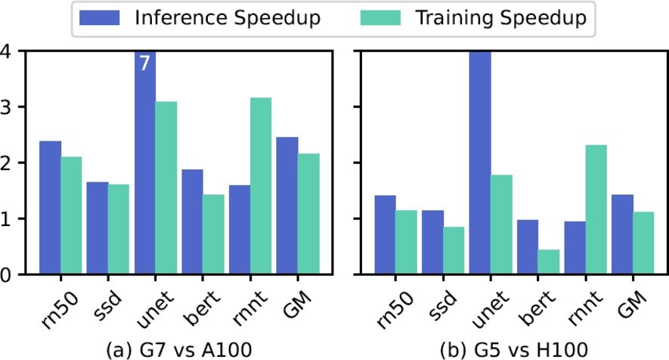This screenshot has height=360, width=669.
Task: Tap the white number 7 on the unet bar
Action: pos(145,64)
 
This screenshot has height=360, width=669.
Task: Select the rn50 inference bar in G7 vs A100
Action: pos(50,207)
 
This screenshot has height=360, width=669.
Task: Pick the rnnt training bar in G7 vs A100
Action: pos(260,185)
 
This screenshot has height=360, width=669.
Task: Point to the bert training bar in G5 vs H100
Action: pos(549,262)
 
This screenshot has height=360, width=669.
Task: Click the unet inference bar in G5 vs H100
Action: pos(480,163)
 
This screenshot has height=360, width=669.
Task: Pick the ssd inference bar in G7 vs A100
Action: pos(97,228)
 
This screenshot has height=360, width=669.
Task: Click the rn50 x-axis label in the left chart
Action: pos(53,307)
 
